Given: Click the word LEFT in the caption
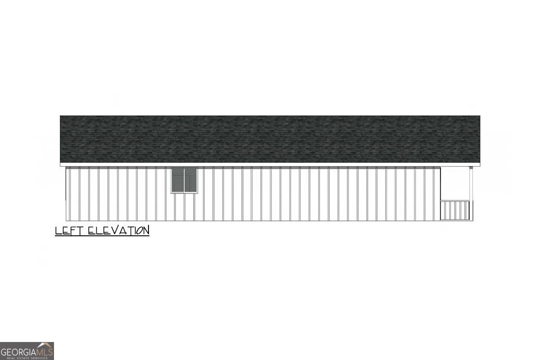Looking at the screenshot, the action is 69,230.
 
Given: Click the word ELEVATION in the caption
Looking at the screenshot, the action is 119,230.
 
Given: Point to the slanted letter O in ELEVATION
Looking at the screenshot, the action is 139,231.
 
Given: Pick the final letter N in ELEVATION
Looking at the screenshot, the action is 146,230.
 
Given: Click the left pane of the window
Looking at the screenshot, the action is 178,180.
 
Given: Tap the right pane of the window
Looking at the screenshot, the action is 190,180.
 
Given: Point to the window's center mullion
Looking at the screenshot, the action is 184,180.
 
